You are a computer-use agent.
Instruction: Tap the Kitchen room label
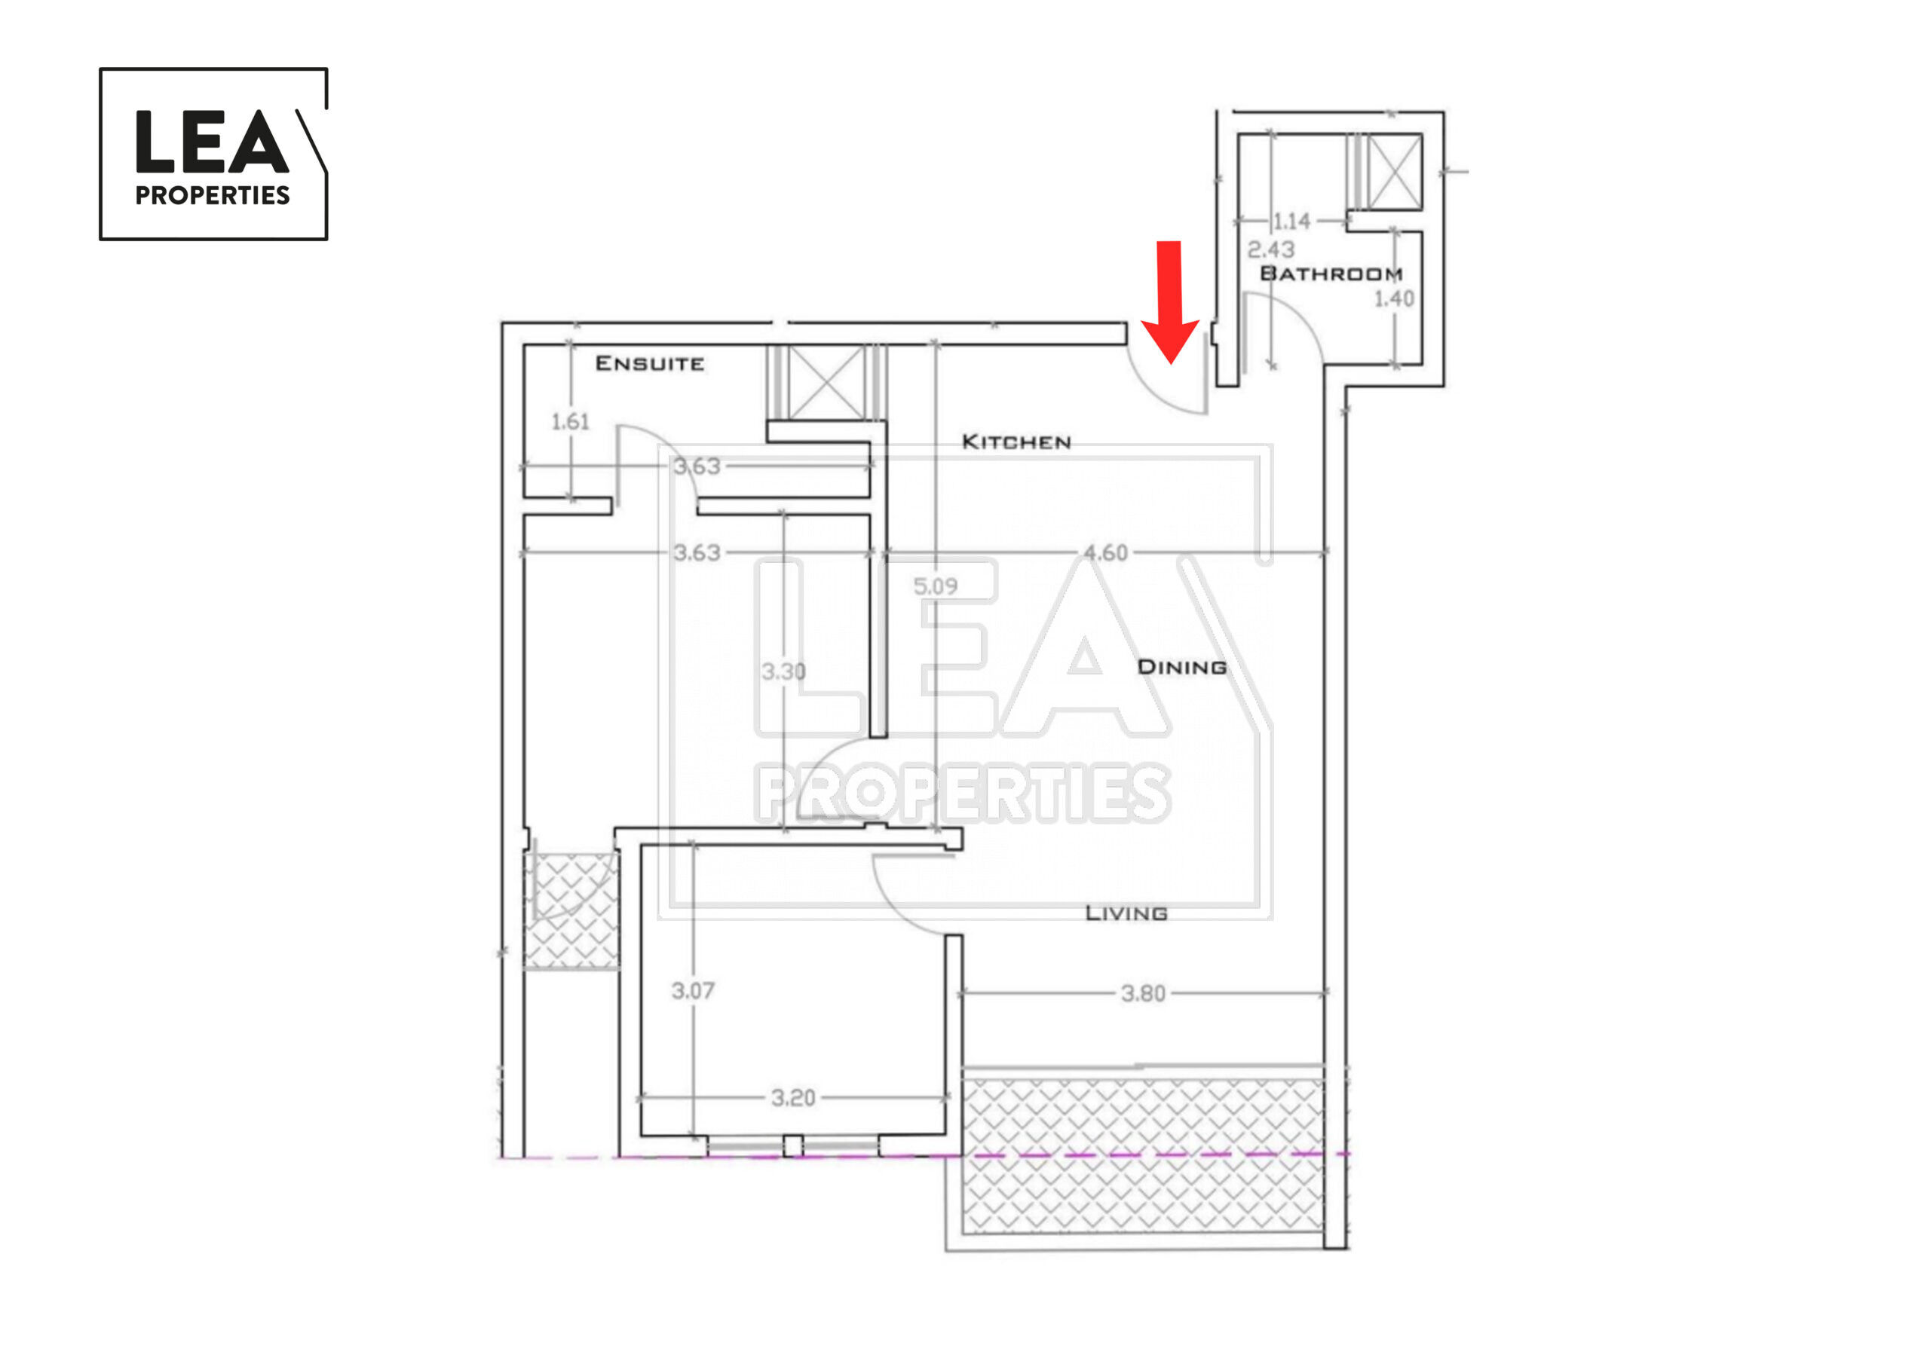click(1016, 442)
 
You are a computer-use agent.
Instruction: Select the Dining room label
click(1182, 667)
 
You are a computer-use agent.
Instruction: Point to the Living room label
click(1126, 913)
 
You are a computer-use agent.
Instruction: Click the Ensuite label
click(650, 364)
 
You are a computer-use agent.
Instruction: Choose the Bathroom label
click(1331, 274)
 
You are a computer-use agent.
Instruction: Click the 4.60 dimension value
click(1105, 553)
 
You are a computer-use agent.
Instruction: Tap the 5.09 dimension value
click(936, 586)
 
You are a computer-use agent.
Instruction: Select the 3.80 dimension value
click(1143, 994)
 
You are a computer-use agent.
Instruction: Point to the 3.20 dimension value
click(794, 1097)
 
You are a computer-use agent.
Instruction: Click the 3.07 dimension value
click(693, 992)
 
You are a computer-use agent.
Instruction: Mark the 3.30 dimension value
click(783, 671)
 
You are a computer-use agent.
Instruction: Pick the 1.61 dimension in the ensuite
click(570, 421)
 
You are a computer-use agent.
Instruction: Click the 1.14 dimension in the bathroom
click(1292, 222)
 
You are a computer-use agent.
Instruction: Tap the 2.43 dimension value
click(1271, 249)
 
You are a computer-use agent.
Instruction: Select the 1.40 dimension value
click(1395, 298)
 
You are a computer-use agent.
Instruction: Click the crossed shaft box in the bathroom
click(1395, 173)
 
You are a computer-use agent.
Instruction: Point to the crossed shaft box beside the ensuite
click(827, 382)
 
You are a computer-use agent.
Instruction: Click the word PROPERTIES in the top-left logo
click(213, 196)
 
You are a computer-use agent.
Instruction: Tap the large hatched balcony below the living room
click(1143, 1157)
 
